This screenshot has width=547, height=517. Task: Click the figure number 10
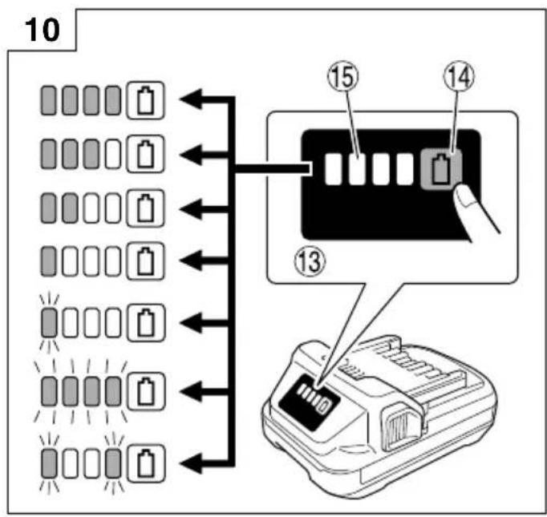(43, 30)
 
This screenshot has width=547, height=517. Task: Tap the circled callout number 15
(343, 77)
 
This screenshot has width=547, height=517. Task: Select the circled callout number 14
(459, 77)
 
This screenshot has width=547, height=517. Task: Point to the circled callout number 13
(310, 262)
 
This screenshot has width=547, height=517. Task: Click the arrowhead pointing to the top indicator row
(191, 99)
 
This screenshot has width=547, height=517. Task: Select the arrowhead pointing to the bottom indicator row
(191, 464)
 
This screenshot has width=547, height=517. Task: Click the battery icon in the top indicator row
(145, 101)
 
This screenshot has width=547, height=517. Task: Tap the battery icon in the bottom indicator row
(145, 463)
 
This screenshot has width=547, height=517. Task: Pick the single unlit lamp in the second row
(113, 154)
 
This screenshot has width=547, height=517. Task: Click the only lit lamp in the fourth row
(48, 261)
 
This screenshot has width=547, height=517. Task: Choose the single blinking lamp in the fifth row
(49, 323)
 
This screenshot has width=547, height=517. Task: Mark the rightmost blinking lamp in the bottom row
(113, 463)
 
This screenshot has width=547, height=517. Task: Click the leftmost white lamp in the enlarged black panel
(333, 169)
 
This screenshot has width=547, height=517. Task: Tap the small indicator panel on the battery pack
(309, 401)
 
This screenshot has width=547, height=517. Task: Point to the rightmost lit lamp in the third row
(70, 208)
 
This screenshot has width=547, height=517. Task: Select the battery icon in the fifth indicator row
(146, 323)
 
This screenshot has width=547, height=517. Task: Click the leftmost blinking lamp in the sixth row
(49, 391)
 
